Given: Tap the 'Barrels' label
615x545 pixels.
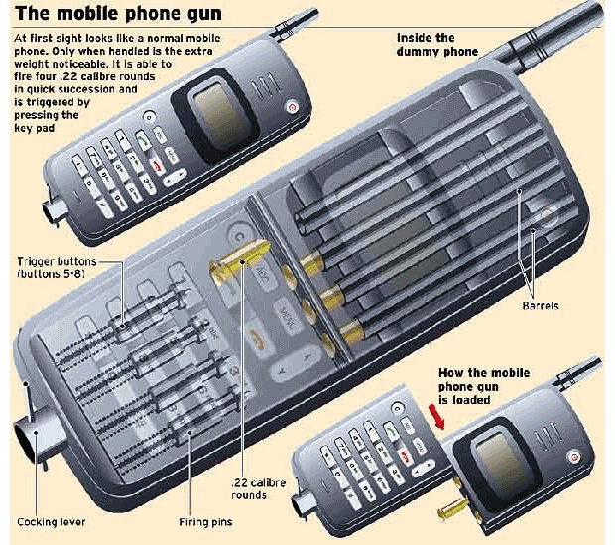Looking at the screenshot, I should [x=540, y=306].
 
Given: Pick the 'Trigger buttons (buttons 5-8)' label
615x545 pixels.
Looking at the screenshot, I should [x=56, y=267].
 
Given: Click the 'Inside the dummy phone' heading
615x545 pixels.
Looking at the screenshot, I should [x=436, y=44].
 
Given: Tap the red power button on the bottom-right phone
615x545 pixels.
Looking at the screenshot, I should [x=571, y=456].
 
